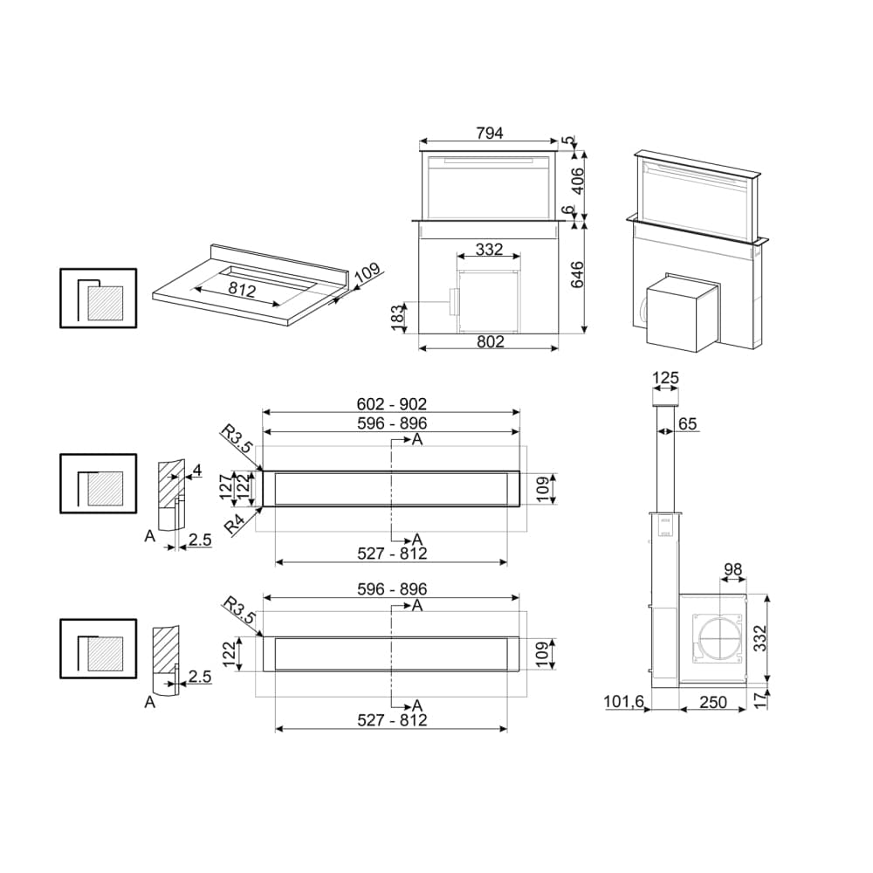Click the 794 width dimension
[x=490, y=134]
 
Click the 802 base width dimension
[x=490, y=341]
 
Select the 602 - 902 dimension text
[x=391, y=404]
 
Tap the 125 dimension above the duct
[x=665, y=378]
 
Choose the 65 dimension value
[x=687, y=424]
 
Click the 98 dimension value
[x=732, y=570]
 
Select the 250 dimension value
[x=712, y=702]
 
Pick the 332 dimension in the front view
[x=489, y=250]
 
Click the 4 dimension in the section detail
[x=196, y=471]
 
